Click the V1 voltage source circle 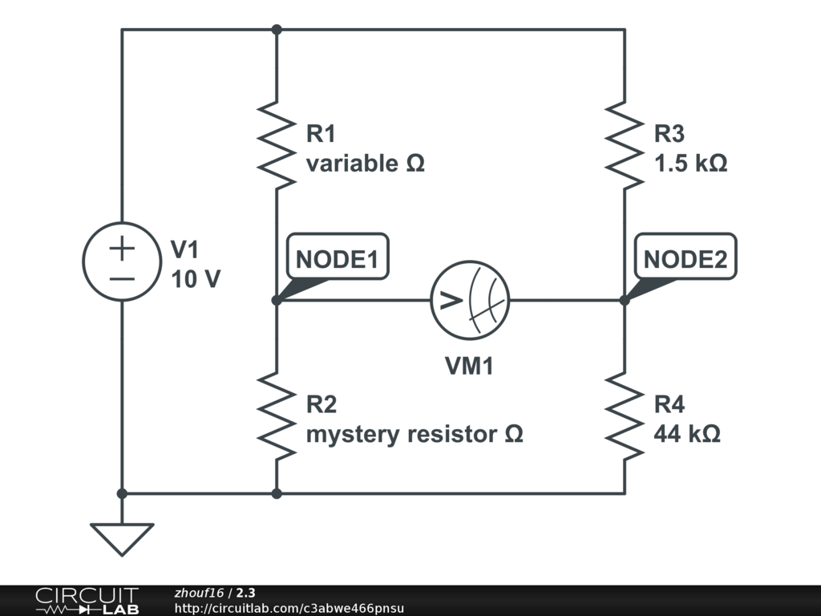122,262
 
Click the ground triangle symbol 122,538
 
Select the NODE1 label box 337,258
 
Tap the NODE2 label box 686,258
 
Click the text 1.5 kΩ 690,164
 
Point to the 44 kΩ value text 686,435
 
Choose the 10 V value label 196,280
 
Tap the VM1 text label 470,367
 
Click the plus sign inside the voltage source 122,249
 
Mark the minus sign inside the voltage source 122,278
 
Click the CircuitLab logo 87,601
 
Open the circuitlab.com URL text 289,608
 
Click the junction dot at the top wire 277,30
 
